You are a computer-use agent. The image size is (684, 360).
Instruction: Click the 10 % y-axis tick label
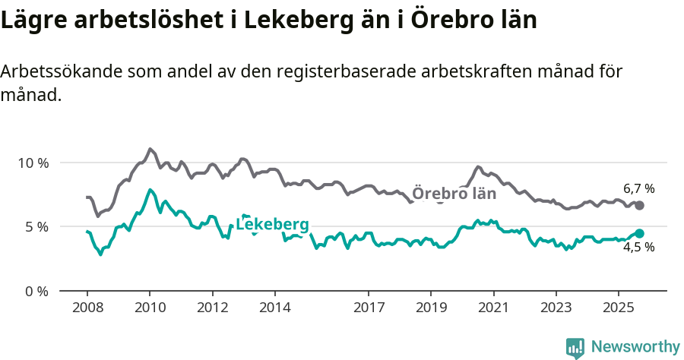[33, 163]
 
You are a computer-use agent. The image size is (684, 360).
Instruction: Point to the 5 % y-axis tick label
[36, 226]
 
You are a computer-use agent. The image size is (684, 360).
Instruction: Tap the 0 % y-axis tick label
[36, 291]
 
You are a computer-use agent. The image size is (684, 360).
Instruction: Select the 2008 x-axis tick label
[87, 307]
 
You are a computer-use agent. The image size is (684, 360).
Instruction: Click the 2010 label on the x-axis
[150, 307]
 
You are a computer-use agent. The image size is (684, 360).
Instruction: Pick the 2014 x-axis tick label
[274, 307]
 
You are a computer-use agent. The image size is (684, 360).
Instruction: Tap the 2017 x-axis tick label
[369, 307]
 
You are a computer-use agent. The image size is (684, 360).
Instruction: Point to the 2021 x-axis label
[493, 307]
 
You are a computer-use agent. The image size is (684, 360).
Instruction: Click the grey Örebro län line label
[454, 194]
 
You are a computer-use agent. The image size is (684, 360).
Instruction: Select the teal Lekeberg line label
[272, 224]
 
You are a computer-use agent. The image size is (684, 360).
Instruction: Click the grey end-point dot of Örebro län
[639, 206]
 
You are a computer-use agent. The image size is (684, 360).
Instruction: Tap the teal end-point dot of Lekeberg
[639, 234]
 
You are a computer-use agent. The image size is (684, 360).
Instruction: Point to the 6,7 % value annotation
[638, 188]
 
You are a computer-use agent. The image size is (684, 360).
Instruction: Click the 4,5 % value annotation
[638, 248]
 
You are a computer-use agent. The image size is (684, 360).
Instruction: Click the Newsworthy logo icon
[575, 348]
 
